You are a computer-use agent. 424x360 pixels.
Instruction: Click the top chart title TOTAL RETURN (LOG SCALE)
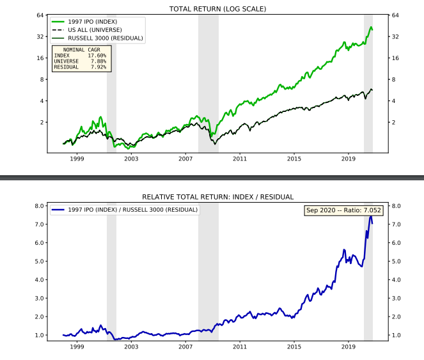point(217,9)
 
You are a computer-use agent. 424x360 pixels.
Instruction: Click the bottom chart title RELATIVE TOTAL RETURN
point(217,197)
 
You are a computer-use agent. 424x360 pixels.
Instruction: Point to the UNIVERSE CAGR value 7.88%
point(99,61)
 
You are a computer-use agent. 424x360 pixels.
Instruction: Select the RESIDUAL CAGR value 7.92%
point(99,67)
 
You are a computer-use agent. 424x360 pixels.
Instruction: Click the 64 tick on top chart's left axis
point(40,15)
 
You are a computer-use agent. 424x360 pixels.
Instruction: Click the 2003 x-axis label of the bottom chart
point(131,346)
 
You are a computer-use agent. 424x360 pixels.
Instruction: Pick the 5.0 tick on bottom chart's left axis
point(38,261)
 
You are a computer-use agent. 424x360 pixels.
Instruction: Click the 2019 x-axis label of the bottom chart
point(349,346)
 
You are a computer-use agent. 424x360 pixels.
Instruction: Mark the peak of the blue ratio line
point(370,216)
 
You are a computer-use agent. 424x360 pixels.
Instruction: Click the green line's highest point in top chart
point(371,27)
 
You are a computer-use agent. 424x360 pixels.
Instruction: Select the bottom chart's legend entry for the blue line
point(124,210)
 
